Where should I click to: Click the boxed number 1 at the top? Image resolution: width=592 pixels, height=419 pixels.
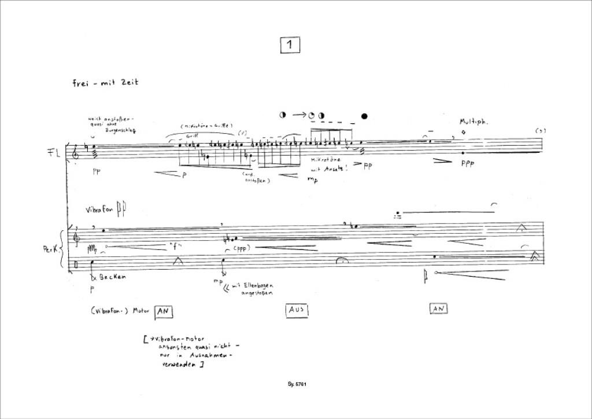(290, 45)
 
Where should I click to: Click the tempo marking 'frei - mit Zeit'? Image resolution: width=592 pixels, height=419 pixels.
(105, 83)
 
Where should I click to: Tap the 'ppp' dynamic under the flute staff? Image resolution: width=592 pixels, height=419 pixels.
(468, 164)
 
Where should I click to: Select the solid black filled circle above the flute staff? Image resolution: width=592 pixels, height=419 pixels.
(364, 116)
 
